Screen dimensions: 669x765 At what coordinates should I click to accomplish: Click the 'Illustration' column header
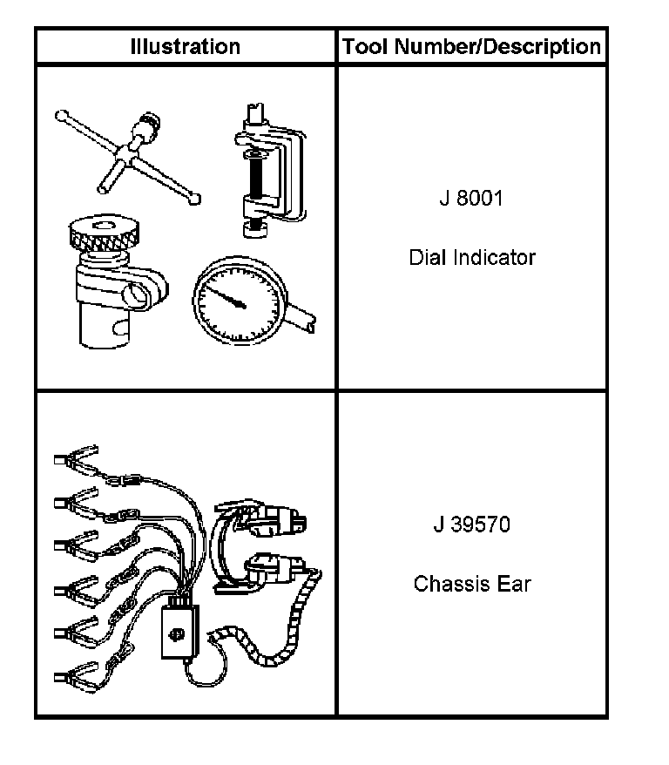(186, 47)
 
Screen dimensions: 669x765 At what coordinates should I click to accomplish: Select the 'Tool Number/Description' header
(471, 47)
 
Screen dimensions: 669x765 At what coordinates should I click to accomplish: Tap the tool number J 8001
(471, 198)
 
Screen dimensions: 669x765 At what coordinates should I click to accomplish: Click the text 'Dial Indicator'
(472, 257)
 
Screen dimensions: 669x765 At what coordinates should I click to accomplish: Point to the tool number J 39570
(471, 525)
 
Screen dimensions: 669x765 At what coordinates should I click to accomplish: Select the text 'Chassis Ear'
(472, 584)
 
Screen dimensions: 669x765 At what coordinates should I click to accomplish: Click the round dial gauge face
(240, 301)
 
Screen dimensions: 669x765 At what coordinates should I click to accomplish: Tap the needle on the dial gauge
(225, 296)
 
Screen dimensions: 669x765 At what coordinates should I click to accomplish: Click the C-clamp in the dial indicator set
(270, 170)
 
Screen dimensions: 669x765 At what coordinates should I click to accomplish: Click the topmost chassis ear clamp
(76, 458)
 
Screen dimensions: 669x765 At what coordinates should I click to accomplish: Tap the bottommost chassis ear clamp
(76, 677)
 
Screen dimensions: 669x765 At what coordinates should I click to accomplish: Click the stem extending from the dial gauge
(301, 316)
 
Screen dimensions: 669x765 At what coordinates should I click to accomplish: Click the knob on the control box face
(177, 633)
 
